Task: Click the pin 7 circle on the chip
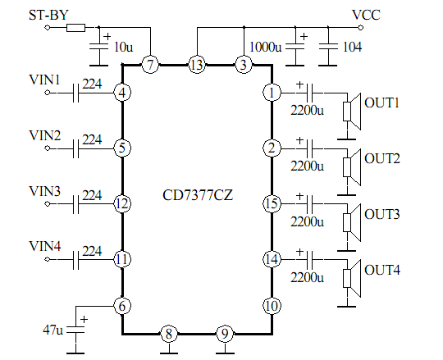pos(150,65)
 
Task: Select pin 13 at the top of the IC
pos(197,65)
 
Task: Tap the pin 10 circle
pos(272,306)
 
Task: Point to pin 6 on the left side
pos(122,306)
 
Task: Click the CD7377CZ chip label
pos(198,195)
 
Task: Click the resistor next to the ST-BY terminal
pos(76,28)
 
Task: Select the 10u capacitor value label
pos(123,48)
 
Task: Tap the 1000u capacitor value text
pos(265,48)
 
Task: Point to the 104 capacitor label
pos(352,48)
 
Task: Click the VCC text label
pos(366,15)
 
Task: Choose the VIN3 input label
pos(44,191)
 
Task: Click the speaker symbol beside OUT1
pos(352,112)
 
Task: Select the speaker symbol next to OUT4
pos(352,278)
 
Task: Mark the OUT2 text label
pos(382,159)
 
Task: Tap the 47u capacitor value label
pos(53,330)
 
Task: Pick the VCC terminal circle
pos(360,28)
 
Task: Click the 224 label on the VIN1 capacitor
pos(92,84)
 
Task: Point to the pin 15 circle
pos(272,203)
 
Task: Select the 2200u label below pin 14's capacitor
pos(307,278)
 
